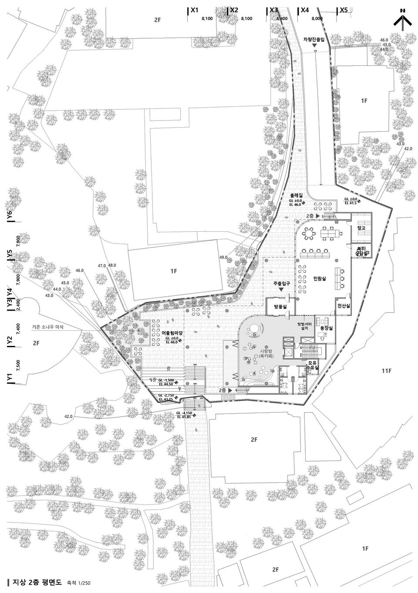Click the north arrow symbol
click(x=403, y=20)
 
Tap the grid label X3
click(x=273, y=10)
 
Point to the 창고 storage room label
click(x=361, y=228)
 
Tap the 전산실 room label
click(x=344, y=306)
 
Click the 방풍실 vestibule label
click(x=281, y=307)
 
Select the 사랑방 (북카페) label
click(x=266, y=353)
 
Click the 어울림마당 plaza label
click(x=174, y=333)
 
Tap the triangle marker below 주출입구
click(x=281, y=289)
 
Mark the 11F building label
click(x=387, y=371)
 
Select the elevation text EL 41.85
click(x=185, y=417)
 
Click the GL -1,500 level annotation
click(x=166, y=380)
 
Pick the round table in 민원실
click(x=309, y=234)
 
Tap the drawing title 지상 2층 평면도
click(x=38, y=583)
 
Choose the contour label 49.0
click(x=223, y=258)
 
